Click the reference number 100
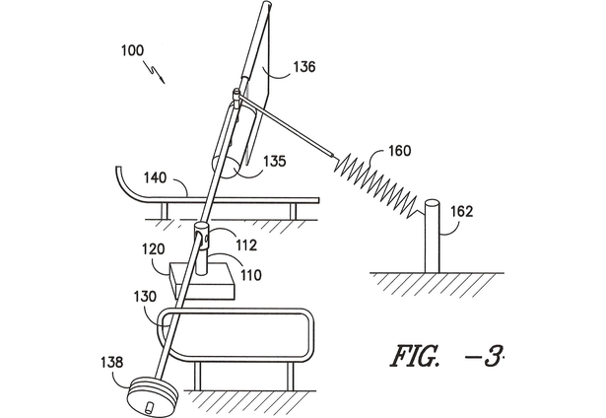point(133,50)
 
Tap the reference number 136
point(304,67)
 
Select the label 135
point(274,161)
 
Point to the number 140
point(155,177)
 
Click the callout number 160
point(400,151)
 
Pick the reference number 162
point(462,212)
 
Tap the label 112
point(245,244)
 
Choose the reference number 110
point(251,275)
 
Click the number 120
point(153,249)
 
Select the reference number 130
point(145,297)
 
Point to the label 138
point(112,363)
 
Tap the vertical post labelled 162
point(433,236)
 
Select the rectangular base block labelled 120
point(203,281)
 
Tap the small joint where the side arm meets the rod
point(236,94)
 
